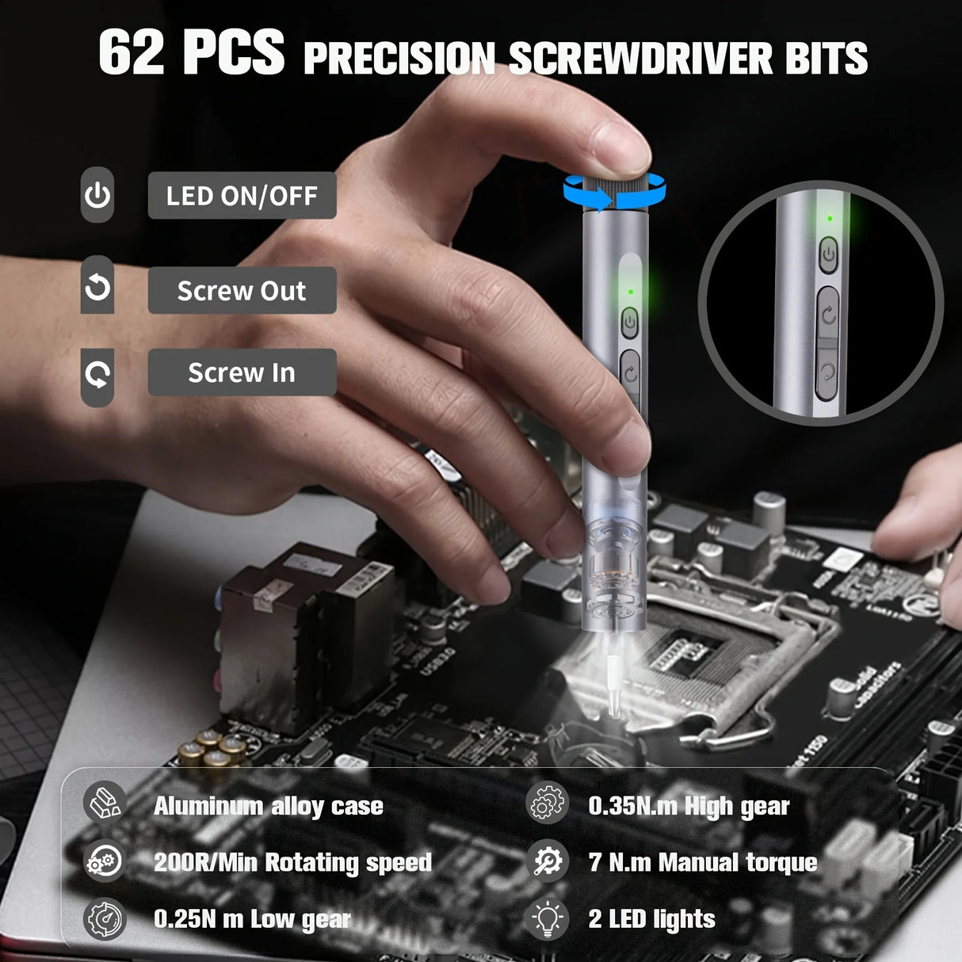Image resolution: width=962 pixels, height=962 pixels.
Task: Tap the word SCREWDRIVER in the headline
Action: pos(640,58)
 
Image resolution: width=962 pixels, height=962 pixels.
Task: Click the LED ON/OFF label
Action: pos(242,196)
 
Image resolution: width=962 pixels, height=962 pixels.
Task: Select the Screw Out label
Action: pos(242,291)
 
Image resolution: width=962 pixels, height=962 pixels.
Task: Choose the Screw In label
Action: pos(242,372)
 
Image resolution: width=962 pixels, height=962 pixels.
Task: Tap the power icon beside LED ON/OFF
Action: pos(97,195)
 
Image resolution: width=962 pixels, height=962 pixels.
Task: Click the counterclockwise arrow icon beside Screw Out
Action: pos(97,287)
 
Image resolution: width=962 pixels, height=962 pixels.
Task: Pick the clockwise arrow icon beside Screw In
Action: pos(97,374)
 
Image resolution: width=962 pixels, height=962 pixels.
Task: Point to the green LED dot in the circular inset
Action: pos(830,219)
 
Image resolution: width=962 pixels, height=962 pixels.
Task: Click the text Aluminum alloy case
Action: pos(269,807)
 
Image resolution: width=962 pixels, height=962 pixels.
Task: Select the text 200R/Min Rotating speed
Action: pos(292,862)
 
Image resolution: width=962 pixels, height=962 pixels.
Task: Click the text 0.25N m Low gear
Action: pos(251,919)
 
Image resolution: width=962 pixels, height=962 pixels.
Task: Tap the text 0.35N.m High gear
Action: pos(689,807)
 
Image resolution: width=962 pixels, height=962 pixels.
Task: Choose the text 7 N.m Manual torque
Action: pos(702,862)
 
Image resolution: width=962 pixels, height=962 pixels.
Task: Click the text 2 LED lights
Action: pos(651,919)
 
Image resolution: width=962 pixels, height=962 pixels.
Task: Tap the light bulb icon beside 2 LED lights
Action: pos(548,919)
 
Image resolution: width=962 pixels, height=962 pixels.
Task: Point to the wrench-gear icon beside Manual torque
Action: pos(548,861)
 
